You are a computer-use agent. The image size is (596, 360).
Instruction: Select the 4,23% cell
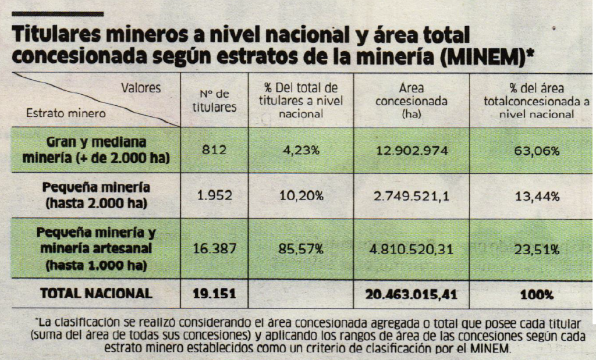[301, 151]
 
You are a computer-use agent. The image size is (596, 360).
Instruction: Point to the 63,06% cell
[537, 151]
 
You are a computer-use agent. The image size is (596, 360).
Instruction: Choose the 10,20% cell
[301, 196]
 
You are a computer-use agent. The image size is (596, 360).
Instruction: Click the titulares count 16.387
[214, 249]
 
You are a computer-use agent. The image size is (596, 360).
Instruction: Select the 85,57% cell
[301, 249]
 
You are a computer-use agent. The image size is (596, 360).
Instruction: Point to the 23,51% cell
[537, 249]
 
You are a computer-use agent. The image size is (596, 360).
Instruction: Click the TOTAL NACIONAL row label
[96, 294]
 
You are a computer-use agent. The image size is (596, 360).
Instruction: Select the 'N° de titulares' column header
[215, 101]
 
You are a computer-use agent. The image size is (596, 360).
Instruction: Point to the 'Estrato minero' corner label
[58, 114]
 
